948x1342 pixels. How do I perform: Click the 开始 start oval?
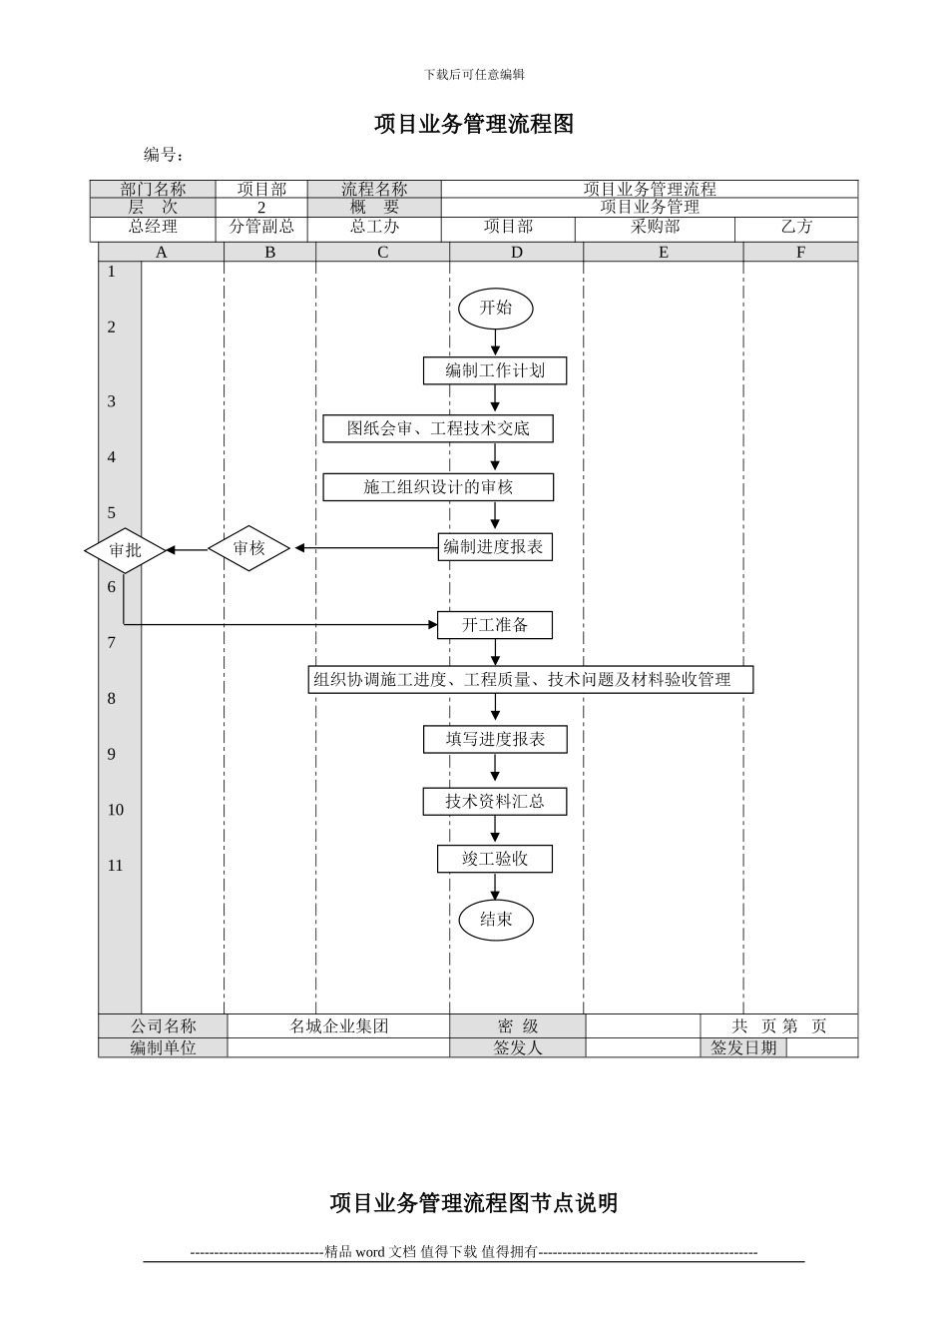coord(495,309)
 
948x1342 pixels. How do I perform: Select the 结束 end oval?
coord(496,920)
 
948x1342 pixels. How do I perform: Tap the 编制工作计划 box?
coord(495,370)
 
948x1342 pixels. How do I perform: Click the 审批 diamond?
coord(125,549)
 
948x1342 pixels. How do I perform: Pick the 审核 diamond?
coord(248,548)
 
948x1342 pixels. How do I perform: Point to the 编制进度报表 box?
coord(495,547)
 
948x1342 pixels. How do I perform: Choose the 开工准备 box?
coord(495,625)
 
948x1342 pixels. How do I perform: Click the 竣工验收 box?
coord(495,859)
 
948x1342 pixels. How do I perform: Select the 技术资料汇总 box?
coord(495,801)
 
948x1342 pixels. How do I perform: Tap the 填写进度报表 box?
coord(495,739)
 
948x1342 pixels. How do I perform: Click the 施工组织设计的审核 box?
coord(438,487)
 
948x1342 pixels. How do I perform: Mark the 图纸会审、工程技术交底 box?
coord(438,428)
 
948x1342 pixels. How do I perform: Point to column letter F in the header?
coord(800,253)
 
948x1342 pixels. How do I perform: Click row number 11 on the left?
coord(116,866)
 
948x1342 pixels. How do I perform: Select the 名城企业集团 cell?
coord(338,1026)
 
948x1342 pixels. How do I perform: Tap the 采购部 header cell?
coord(655,228)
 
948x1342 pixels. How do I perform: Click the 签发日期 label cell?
coord(743,1047)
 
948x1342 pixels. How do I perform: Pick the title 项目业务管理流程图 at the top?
coord(474,125)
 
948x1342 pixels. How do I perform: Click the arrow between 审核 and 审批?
coord(187,549)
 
